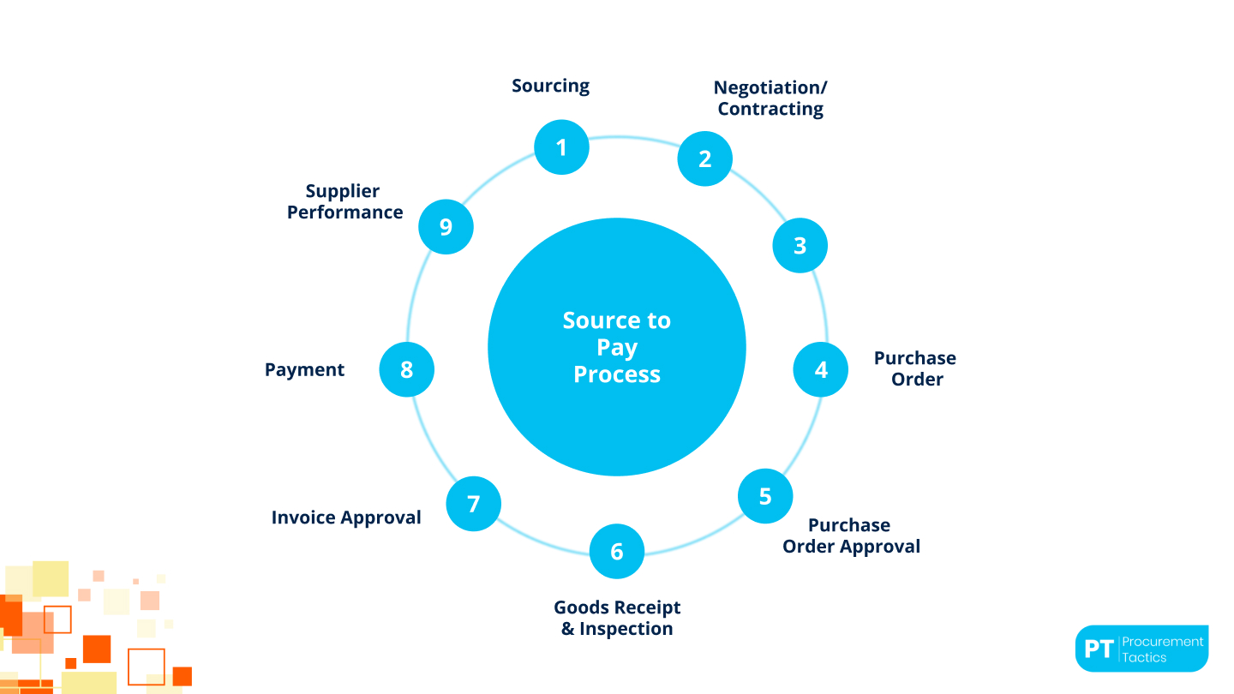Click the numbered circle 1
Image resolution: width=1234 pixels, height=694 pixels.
(561, 147)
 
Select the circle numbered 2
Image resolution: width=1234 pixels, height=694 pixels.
(704, 159)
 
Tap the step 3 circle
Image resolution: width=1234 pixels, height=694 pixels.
(800, 245)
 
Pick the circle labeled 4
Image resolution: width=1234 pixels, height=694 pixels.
(820, 369)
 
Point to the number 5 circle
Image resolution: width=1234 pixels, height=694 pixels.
(765, 496)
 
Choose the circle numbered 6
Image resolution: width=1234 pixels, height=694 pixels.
(616, 551)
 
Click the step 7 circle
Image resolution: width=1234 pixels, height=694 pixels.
(473, 504)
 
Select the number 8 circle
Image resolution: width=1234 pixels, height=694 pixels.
(406, 369)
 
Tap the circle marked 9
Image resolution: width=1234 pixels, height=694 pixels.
(446, 226)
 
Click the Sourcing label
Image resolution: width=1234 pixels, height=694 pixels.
(550, 86)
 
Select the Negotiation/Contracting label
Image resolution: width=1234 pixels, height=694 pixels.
(770, 98)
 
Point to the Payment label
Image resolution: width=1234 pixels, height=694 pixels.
(304, 369)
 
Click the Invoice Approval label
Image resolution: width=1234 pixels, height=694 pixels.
(346, 518)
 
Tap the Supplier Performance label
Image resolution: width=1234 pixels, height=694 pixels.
(344, 201)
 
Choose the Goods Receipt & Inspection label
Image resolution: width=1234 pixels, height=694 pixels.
(617, 618)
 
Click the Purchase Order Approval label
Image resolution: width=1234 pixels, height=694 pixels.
(851, 535)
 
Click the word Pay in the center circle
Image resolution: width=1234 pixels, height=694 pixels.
(617, 348)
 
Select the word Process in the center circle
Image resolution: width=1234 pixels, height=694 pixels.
(617, 374)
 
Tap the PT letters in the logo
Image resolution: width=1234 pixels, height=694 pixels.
(1099, 649)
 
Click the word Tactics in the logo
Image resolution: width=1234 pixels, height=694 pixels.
(1144, 657)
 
